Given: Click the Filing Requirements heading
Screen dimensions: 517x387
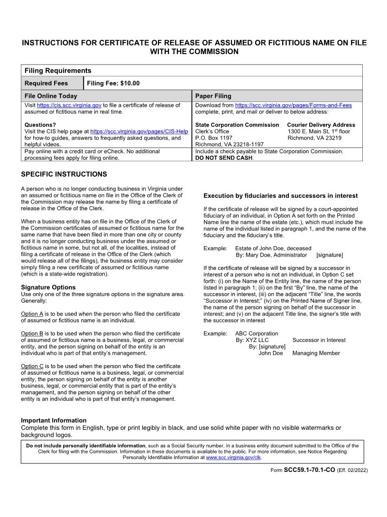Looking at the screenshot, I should tap(57, 71).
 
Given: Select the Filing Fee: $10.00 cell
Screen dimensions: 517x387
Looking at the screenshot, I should tap(113, 83).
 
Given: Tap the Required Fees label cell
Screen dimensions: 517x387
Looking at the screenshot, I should tap(46, 83).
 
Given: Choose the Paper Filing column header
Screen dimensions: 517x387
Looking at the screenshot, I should tap(213, 96).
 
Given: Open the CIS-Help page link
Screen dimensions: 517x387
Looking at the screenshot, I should tap(139, 131).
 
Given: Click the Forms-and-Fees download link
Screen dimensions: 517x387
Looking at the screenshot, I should tap(293, 105).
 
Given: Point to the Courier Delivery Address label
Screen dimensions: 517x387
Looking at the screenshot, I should tap(321, 125).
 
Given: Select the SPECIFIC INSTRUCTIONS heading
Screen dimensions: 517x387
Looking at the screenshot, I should tap(64, 175).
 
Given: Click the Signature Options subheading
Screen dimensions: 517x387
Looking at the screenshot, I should tap(48, 287).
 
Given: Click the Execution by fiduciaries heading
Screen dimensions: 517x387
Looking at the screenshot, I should tap(280, 196).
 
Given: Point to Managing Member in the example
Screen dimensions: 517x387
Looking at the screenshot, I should tap(316, 353).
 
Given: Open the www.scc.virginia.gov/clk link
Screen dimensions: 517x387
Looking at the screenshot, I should tap(233, 458).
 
